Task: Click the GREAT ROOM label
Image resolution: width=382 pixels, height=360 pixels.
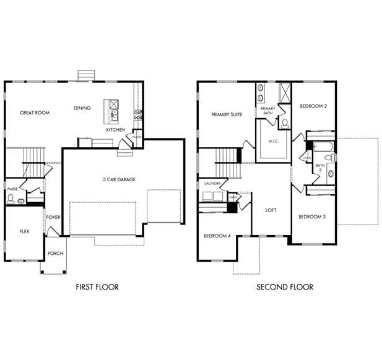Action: point(35,113)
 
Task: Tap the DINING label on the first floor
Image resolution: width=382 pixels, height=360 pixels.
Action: point(82,108)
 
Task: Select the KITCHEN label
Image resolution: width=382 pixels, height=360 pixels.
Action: point(115,130)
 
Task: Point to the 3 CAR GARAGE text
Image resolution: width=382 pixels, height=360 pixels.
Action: point(119,179)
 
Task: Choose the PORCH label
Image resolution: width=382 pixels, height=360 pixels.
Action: point(55,254)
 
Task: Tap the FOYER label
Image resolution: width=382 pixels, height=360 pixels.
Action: point(53,218)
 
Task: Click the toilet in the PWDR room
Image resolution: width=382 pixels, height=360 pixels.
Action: point(11,199)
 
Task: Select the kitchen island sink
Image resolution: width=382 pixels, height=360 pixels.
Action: point(114,115)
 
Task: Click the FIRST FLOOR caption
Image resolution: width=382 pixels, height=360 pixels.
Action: point(97,287)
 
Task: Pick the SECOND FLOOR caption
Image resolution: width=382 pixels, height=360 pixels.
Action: point(285,287)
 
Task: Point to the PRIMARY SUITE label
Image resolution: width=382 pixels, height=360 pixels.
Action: point(227,114)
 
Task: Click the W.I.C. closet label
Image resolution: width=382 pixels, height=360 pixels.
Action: point(274,141)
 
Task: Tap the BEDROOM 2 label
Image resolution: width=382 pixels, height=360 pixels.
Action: point(313,106)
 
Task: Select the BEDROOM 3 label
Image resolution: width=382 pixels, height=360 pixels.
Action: point(311,216)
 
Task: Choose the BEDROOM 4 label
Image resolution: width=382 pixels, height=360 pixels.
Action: point(217,236)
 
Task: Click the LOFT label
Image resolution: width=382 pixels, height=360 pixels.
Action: point(271,210)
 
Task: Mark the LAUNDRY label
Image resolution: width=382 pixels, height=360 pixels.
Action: point(213,183)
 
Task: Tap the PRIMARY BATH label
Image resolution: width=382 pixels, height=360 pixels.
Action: point(267,111)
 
